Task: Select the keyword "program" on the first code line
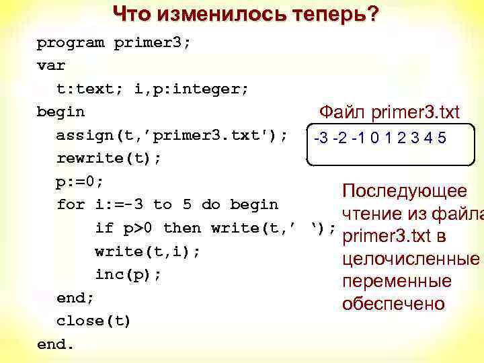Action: (x=70, y=43)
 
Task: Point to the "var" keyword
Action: (x=50, y=66)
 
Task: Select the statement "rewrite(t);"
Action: (x=109, y=159)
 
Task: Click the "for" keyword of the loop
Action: (x=71, y=204)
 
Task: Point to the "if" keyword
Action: (x=104, y=228)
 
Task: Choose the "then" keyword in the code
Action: (x=182, y=228)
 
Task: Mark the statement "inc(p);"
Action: (x=128, y=274)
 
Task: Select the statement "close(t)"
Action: (x=94, y=321)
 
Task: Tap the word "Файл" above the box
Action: (x=342, y=111)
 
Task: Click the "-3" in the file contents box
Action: (x=321, y=138)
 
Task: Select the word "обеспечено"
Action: (x=393, y=304)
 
